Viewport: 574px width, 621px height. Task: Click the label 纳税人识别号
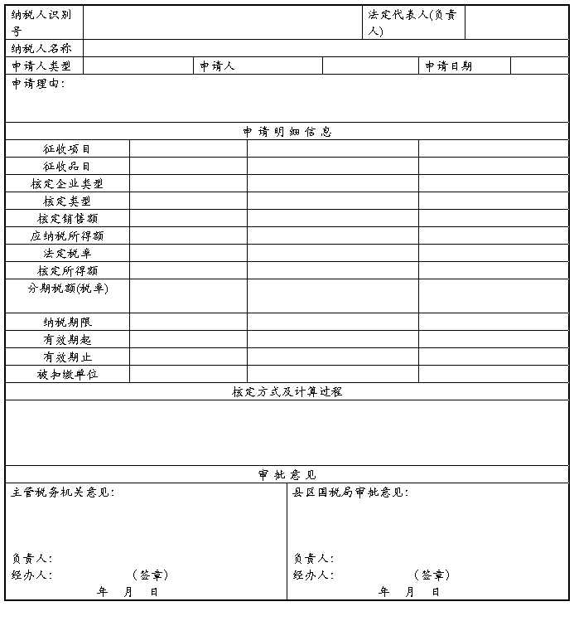tap(41, 22)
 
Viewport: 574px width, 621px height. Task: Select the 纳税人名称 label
tap(41, 49)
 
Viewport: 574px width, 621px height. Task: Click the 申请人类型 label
tap(41, 66)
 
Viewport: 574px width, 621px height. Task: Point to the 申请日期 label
tap(448, 66)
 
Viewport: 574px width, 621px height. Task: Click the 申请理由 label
tap(38, 84)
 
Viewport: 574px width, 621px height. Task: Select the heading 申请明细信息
tap(287, 132)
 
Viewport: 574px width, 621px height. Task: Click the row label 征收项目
tap(67, 149)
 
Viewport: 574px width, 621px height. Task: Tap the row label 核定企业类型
tap(67, 184)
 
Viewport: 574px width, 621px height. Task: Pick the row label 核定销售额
tap(67, 219)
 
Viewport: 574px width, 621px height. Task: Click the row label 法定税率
tap(67, 254)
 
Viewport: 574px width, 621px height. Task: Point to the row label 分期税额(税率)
tap(67, 289)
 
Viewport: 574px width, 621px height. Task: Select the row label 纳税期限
tap(67, 323)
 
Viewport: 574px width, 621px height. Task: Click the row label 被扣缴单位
tap(67, 375)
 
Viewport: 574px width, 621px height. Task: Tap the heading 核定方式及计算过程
tap(287, 392)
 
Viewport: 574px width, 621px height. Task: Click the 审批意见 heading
tap(287, 475)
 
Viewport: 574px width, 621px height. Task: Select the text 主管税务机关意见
tap(62, 492)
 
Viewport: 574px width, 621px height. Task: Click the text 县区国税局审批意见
tap(350, 492)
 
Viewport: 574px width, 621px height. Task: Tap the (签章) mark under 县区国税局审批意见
tap(432, 575)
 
